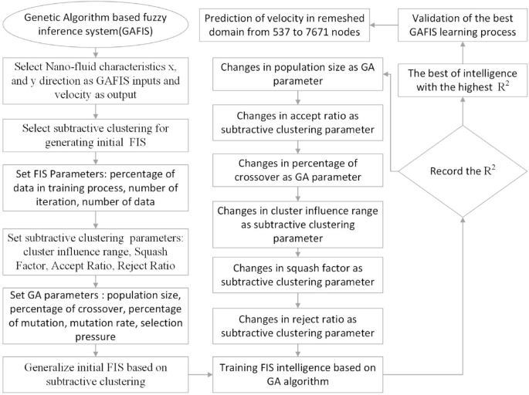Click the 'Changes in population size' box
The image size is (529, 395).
[298, 76]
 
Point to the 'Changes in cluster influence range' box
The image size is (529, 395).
[298, 225]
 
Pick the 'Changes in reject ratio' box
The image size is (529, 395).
[298, 326]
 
